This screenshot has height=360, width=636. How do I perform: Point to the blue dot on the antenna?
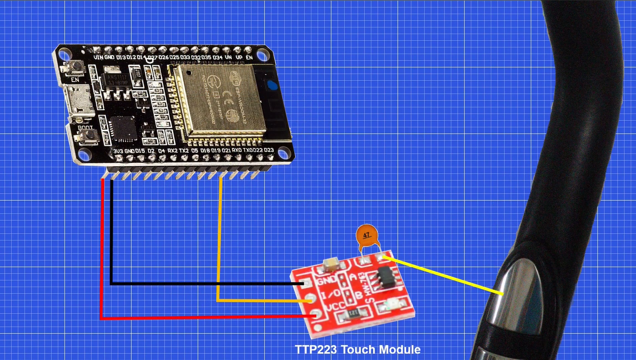(x=272, y=84)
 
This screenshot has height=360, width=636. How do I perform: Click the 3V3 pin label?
(x=118, y=151)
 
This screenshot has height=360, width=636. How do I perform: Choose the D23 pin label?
(x=269, y=151)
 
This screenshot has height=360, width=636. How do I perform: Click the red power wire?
(x=102, y=250)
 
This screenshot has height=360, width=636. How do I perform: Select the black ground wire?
(x=111, y=235)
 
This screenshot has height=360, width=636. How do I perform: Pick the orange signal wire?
(x=219, y=240)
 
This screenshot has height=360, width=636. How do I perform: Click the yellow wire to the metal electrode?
(x=445, y=275)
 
